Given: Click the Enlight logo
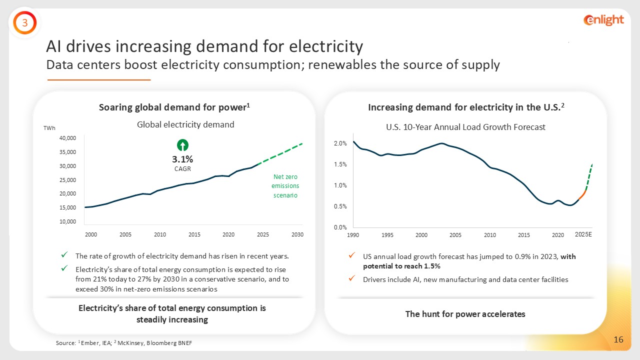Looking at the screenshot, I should point(603,20).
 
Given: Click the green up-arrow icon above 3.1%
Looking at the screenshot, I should point(183,145).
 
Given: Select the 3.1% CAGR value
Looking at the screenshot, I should point(183,159).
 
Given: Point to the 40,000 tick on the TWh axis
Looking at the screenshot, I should point(67,138).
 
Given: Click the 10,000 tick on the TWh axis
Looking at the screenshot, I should point(67,221).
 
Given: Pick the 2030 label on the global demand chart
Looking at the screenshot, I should point(297,234).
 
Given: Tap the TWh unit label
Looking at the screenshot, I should point(49,128).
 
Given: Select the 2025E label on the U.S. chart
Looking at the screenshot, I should point(583,234).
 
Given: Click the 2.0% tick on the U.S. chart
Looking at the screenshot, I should point(340,144).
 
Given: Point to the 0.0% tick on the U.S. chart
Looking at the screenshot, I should point(340,227).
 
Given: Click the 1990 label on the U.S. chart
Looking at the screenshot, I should point(353,235).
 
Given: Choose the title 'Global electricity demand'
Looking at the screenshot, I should point(185,124).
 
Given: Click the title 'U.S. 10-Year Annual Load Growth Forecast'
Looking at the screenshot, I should point(465,127).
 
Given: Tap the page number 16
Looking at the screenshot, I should point(618,340).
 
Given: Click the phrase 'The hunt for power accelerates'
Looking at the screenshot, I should point(465,314).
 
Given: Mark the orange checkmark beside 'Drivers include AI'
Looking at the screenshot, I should point(352,279).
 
